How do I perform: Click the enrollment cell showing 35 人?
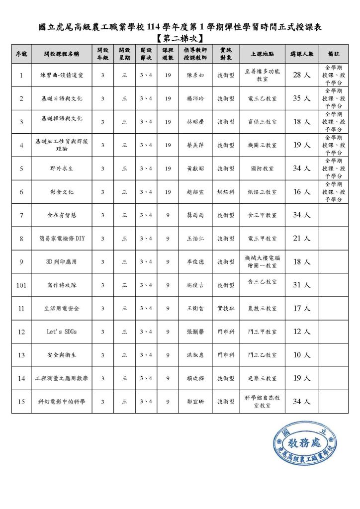(x=301, y=98)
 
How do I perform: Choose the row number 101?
(x=21, y=285)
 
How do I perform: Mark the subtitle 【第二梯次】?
(x=180, y=38)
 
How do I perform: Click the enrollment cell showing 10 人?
(x=301, y=355)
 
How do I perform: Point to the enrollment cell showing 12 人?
(x=301, y=332)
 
